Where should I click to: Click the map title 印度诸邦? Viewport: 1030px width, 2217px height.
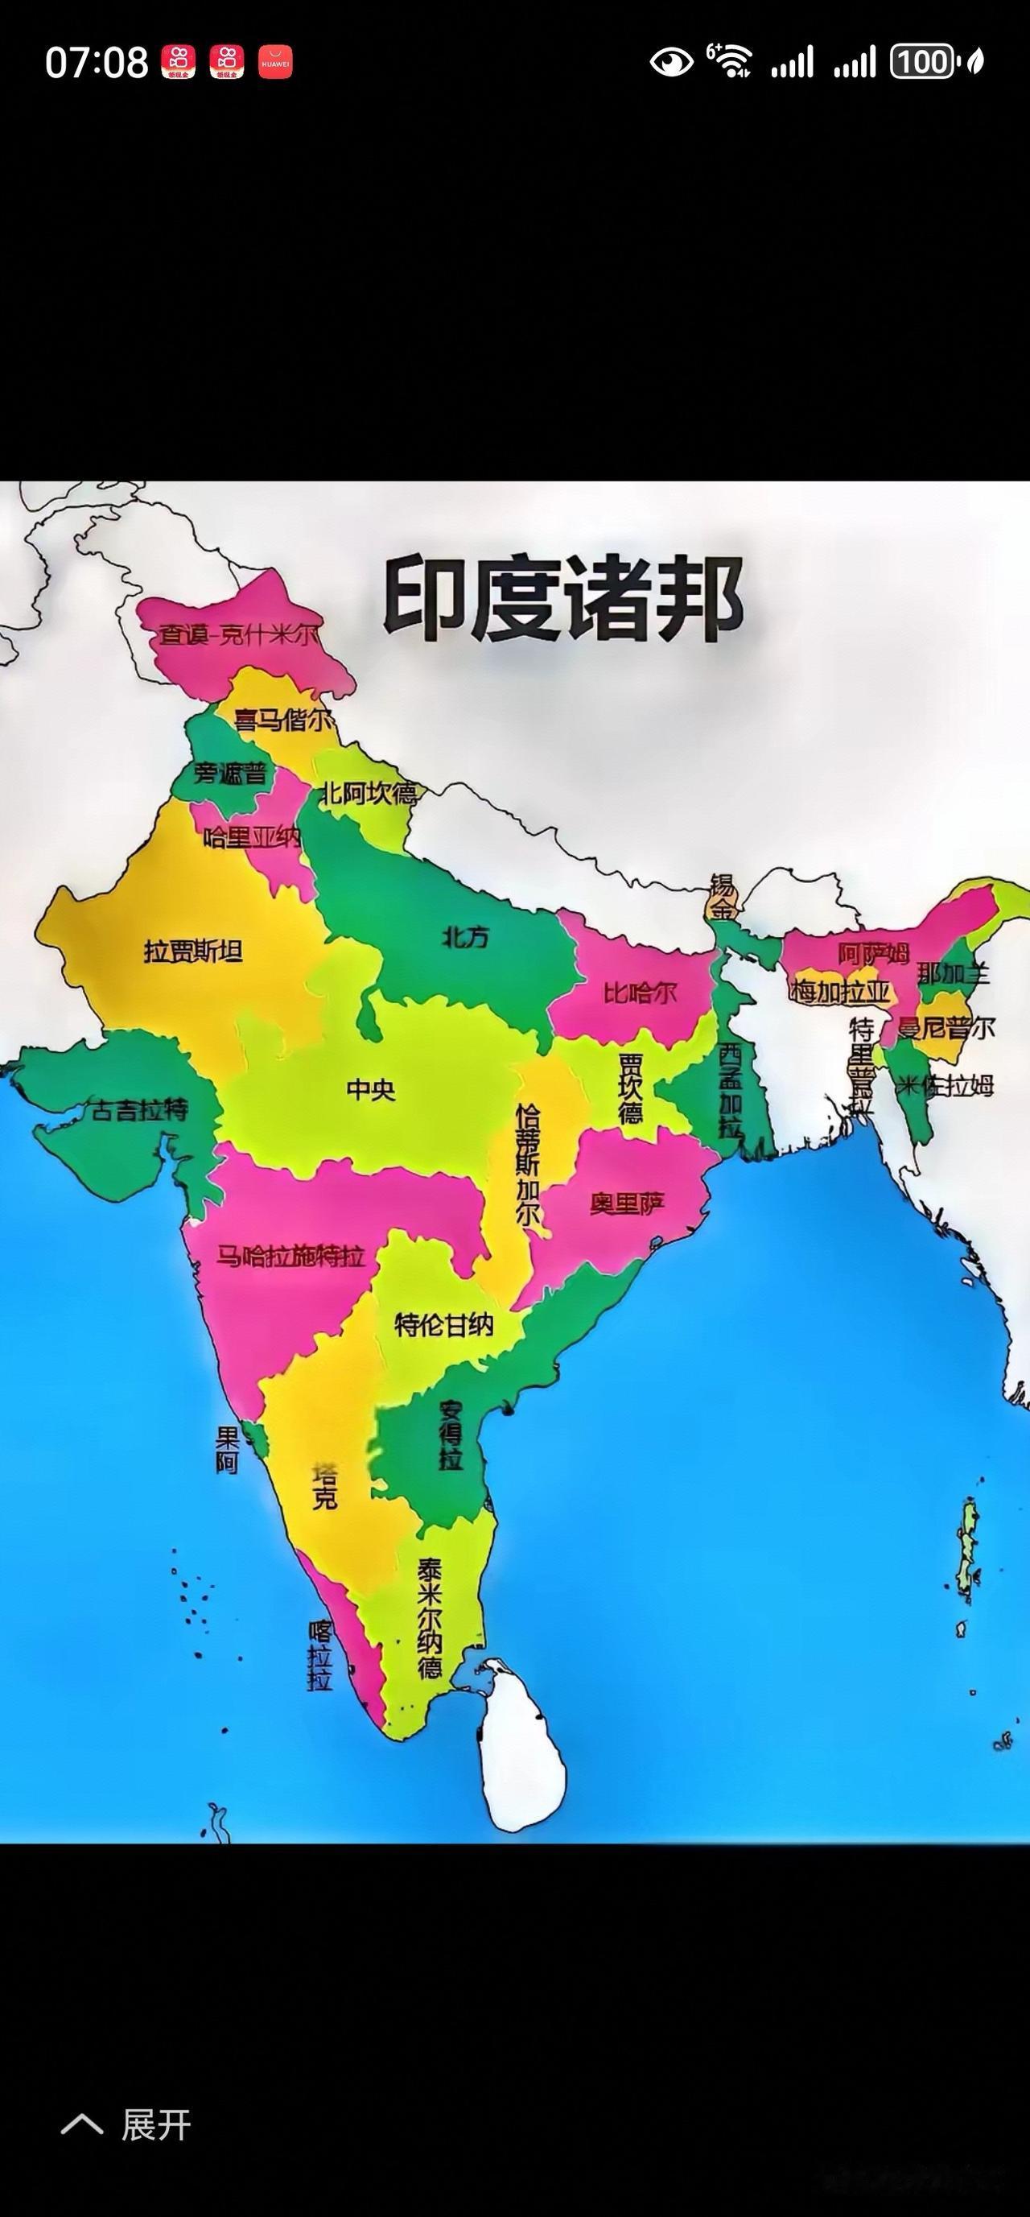[562, 597]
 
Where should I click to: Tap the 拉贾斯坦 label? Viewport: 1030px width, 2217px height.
[193, 952]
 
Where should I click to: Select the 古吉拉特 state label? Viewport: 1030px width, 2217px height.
[139, 1111]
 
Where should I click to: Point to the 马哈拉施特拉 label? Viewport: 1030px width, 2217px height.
[290, 1257]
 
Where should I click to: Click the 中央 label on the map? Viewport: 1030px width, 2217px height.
[371, 1089]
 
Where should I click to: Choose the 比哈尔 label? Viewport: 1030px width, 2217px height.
[640, 993]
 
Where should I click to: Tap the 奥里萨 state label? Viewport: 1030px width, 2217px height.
[628, 1203]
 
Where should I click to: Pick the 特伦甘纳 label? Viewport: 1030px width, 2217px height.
[444, 1324]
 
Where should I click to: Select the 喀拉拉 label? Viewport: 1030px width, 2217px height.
[319, 1656]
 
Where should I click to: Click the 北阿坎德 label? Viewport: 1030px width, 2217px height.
[368, 793]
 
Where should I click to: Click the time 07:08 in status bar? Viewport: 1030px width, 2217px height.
[97, 63]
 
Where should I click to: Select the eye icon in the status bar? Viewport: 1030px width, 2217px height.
[671, 62]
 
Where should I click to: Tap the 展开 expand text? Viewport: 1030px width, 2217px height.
[156, 2126]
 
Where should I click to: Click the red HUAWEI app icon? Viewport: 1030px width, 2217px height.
[275, 62]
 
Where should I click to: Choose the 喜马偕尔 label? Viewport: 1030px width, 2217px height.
[284, 720]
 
